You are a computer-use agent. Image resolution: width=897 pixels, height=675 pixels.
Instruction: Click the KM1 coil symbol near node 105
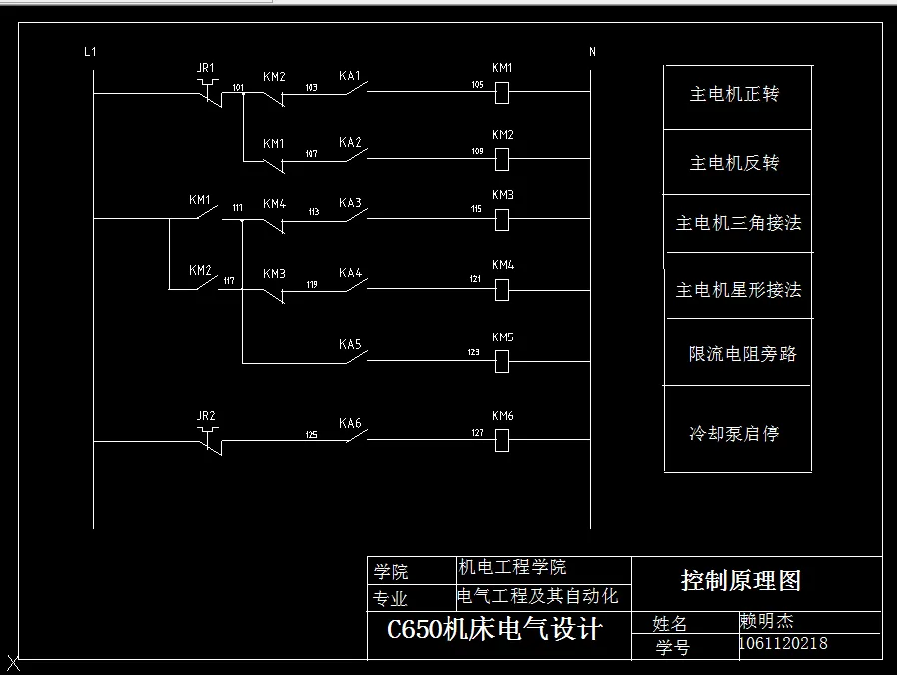pos(502,91)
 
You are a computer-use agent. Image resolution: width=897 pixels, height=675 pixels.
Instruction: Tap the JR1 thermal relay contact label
pos(206,68)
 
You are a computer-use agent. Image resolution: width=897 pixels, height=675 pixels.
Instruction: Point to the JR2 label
pos(206,416)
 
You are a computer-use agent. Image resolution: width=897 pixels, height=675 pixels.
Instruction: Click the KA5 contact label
pos(350,345)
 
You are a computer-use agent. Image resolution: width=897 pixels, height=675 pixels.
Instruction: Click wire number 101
pos(238,88)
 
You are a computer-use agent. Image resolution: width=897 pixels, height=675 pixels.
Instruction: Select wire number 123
pos(473,353)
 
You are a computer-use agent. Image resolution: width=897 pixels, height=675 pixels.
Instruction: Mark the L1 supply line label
pos(90,51)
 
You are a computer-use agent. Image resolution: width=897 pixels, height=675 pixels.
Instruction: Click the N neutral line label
pos(592,51)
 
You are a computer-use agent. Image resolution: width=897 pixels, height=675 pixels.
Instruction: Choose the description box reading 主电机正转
pos(736,95)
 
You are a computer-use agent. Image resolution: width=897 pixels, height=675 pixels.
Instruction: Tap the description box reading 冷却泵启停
pos(736,434)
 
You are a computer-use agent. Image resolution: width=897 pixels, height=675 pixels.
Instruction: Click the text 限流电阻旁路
pos(743,354)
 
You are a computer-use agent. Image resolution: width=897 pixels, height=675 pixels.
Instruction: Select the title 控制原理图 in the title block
pos(740,581)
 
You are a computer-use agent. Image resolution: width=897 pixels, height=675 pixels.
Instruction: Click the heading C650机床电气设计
pos(494,631)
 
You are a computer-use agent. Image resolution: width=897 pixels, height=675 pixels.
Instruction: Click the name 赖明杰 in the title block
pos(765,620)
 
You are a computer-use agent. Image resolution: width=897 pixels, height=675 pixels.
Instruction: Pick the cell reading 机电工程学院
pos(512,567)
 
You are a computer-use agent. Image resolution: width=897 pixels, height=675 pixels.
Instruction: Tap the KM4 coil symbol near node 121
pos(502,289)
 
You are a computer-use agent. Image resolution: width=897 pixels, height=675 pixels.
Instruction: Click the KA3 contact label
pos(350,203)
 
